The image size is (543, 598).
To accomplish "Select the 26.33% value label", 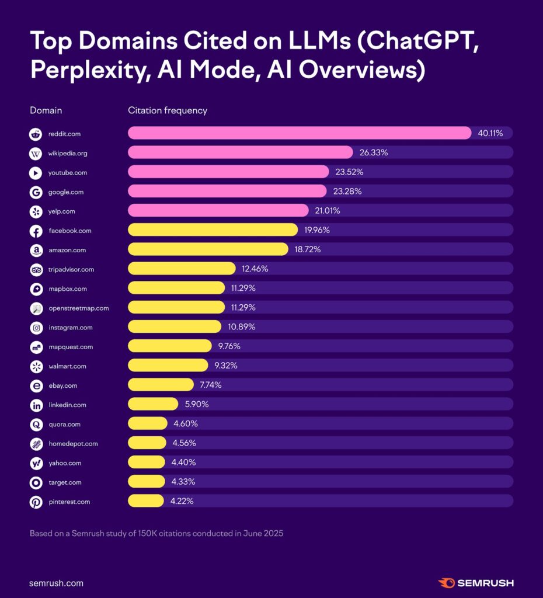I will (x=374, y=152).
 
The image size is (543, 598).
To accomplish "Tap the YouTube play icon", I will (x=36, y=173).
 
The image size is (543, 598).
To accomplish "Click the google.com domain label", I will (x=65, y=192).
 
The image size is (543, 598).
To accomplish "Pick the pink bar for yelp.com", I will (x=218, y=210).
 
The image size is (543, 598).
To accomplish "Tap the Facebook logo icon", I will (x=36, y=231).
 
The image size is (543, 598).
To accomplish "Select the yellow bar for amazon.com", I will (x=208, y=249).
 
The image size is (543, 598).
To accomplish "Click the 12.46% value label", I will (x=254, y=269).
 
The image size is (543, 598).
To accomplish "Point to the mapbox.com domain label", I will (x=68, y=288).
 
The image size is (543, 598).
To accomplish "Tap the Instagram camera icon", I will (x=36, y=328).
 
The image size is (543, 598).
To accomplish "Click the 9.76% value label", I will (x=229, y=346).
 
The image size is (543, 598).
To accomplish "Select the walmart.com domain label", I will (x=67, y=366).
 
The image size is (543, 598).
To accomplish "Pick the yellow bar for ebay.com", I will (x=161, y=385).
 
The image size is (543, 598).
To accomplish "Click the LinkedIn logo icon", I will (x=36, y=405).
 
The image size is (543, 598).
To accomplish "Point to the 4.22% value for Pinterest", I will (x=182, y=501).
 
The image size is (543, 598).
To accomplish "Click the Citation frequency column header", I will (x=168, y=110).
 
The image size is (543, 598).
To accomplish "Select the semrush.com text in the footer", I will (x=56, y=583).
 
